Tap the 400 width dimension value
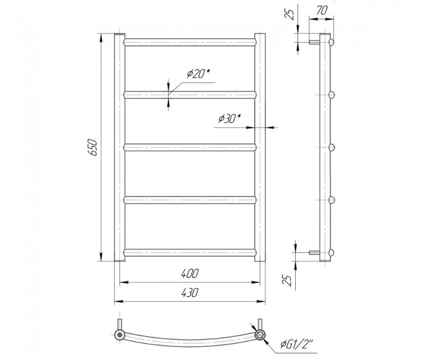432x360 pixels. tap(189, 274)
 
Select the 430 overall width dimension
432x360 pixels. tap(189, 292)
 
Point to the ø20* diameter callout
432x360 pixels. tap(198, 74)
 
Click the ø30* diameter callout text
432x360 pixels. tap(229, 119)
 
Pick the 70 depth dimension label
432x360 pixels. tap(321, 11)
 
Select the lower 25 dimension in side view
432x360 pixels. tap(288, 280)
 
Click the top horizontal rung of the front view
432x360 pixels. tap(190, 42)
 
